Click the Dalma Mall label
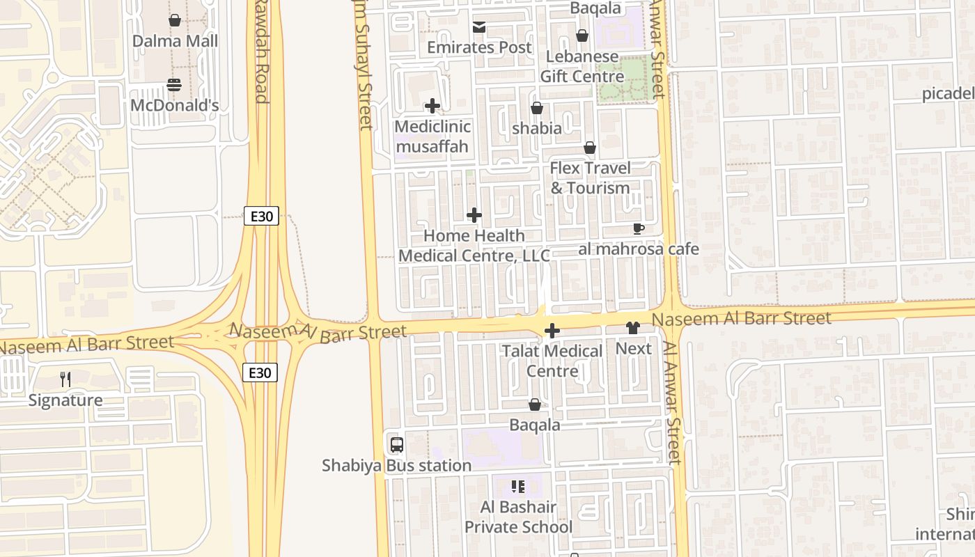click(175, 41)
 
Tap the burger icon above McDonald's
click(174, 85)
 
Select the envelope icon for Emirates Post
click(479, 28)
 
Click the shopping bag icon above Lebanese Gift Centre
click(582, 36)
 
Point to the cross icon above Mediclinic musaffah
click(432, 106)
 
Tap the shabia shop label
click(536, 128)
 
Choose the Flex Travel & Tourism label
click(590, 178)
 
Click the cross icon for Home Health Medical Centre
click(474, 215)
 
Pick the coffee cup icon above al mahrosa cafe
click(638, 228)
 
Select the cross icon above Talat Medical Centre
click(552, 331)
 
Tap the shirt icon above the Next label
click(633, 328)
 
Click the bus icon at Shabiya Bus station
click(396, 444)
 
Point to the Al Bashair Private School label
click(518, 517)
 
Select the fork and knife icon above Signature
click(65, 379)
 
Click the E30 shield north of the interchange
click(261, 216)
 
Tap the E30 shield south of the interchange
click(260, 372)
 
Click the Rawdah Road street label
click(260, 52)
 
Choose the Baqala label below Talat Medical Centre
click(535, 425)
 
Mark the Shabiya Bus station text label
click(396, 465)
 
